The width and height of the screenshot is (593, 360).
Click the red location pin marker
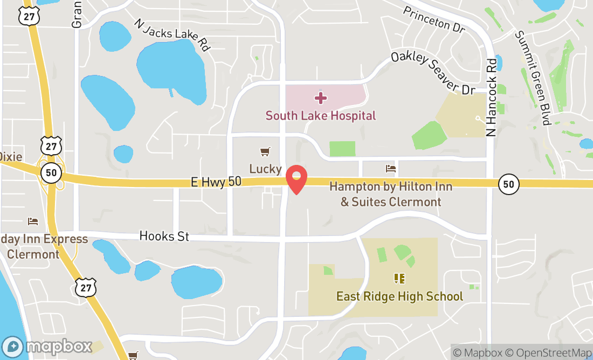pos(296,179)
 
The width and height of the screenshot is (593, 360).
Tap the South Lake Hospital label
pos(320,115)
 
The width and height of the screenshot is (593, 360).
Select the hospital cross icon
pos(320,98)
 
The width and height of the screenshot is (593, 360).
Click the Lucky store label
pos(265,169)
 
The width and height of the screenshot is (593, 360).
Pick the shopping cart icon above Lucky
pos(265,152)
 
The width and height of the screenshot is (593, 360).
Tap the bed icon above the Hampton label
pos(391,169)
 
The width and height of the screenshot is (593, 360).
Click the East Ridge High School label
pos(399,296)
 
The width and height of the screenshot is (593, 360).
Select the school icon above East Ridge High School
pos(399,279)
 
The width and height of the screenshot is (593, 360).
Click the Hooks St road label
pos(164,236)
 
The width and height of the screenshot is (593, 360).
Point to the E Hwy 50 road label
pos(216,182)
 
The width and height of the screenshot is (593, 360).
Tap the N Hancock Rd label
pos(491,97)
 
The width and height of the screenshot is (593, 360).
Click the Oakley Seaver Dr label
pos(432,73)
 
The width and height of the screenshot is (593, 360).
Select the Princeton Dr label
pos(433,20)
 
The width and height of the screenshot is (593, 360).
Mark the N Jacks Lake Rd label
pos(171,36)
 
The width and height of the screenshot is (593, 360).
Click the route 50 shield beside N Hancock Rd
pos(508,184)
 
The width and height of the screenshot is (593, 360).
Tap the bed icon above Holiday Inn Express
pos(32,221)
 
